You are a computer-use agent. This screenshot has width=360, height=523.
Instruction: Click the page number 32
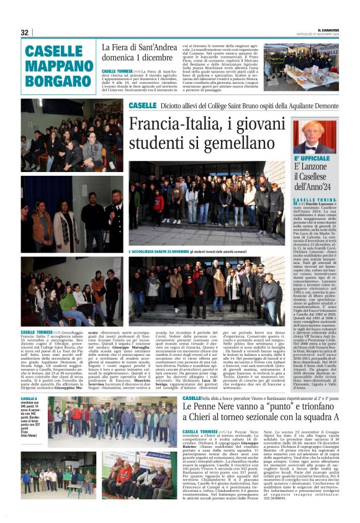point(25,32)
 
